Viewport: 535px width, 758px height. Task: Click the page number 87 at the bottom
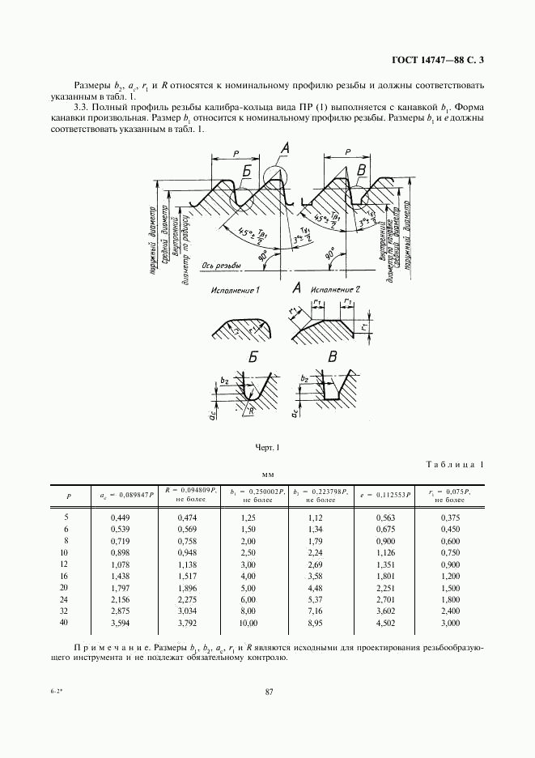(267, 691)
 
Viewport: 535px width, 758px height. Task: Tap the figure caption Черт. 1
(266, 447)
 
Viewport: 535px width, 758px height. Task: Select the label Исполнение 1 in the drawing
(235, 288)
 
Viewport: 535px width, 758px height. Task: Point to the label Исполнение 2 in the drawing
(333, 288)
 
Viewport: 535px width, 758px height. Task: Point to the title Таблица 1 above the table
(454, 464)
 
